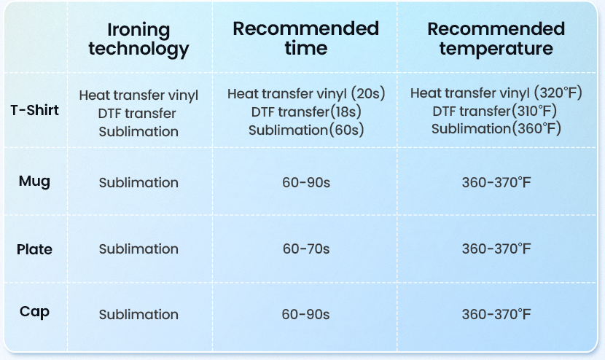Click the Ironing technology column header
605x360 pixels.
[138, 39]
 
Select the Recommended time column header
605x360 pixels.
[306, 38]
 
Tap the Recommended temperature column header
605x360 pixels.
[496, 39]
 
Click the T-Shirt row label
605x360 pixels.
[34, 110]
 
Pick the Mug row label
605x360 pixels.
[34, 181]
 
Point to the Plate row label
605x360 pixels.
[34, 249]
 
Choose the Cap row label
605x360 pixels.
[34, 312]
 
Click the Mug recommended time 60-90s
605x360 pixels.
[306, 182]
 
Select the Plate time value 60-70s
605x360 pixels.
[306, 249]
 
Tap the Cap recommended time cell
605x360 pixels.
[305, 315]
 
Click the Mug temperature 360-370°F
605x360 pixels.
[496, 182]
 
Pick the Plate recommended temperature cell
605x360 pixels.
[496, 249]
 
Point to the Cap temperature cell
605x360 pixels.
[496, 315]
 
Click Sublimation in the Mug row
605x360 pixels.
[138, 182]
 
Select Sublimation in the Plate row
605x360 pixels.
[138, 249]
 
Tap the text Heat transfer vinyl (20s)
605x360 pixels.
[306, 94]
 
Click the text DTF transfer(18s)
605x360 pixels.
[306, 112]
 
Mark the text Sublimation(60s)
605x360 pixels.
[306, 130]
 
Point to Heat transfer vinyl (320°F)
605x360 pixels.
[496, 93]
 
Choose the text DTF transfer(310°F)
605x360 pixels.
[495, 111]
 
